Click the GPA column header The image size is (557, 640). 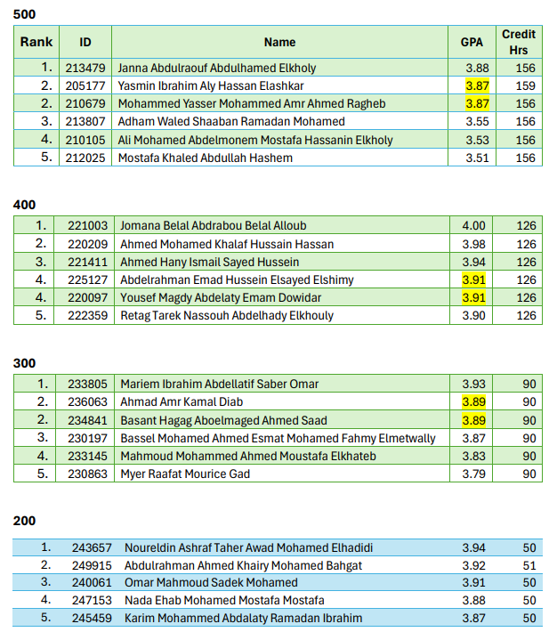coord(472,42)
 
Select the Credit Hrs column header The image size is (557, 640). coord(518,42)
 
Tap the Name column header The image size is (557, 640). coord(279,42)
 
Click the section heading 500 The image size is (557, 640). coord(25,14)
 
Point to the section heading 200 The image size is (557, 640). coord(25,521)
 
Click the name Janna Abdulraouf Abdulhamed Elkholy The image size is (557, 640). coord(216,68)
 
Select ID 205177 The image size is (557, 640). coord(85,85)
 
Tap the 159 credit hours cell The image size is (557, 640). coord(525,85)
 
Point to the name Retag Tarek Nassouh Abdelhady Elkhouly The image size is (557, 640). coord(227,315)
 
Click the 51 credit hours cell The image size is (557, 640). coord(529,565)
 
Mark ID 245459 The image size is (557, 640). coord(93,619)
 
